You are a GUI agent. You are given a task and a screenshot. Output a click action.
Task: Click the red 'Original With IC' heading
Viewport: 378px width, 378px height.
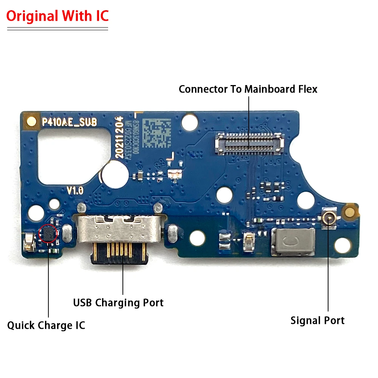point(57,16)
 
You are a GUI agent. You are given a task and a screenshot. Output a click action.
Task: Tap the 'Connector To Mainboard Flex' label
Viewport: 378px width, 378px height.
point(248,89)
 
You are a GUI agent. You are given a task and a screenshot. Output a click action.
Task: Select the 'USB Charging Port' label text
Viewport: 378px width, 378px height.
point(118,302)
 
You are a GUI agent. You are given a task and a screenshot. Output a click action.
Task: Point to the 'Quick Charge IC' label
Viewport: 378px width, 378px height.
point(46,325)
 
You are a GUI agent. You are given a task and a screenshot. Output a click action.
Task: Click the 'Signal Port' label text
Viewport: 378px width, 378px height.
point(318,321)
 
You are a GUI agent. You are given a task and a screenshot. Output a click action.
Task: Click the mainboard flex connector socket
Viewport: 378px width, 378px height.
point(249,143)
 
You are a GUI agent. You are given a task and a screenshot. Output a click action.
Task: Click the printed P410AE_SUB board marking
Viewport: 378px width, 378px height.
point(69,122)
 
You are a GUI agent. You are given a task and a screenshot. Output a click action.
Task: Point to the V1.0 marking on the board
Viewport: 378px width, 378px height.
point(75,190)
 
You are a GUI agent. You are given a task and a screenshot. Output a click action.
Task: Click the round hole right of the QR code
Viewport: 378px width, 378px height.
point(189,122)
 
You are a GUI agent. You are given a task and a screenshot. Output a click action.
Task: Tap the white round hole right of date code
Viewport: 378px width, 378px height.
point(112,173)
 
